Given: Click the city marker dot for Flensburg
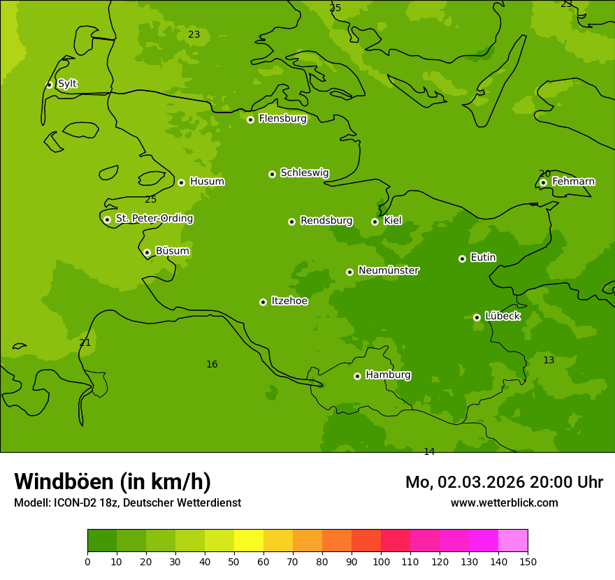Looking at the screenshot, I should (250, 119).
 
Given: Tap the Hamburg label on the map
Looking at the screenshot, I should (388, 375).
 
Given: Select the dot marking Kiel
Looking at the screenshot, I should (375, 222).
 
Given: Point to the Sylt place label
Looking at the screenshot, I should (67, 84).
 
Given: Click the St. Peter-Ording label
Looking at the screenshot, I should (154, 219).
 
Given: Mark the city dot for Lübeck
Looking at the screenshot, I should (477, 317).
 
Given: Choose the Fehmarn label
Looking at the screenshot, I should (573, 182).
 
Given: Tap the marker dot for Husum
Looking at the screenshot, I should (181, 182).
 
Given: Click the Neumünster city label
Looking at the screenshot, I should (389, 270).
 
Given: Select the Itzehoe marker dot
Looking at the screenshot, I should (263, 302).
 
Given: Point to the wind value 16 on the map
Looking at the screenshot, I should (212, 364).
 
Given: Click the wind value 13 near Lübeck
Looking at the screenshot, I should (549, 360).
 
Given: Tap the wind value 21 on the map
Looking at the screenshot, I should (85, 342).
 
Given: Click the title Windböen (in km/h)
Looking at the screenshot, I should (113, 481).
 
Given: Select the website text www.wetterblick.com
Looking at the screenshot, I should (504, 502).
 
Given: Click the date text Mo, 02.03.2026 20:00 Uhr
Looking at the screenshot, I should (504, 482).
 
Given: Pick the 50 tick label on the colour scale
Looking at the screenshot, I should (234, 561).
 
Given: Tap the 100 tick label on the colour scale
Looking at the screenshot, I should (381, 561).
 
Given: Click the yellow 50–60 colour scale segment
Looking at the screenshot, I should (249, 541).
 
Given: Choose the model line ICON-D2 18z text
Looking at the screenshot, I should (127, 502).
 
